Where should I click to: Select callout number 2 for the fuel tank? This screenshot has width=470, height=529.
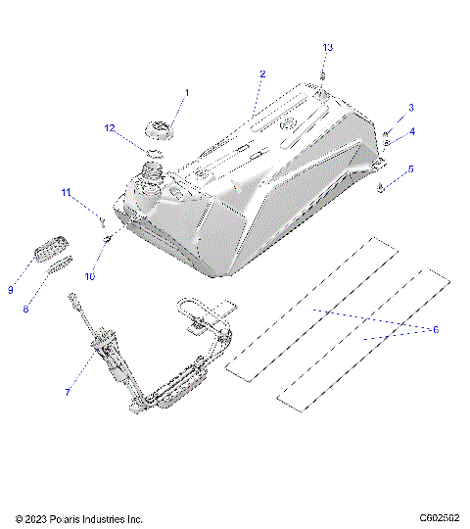(x=262, y=74)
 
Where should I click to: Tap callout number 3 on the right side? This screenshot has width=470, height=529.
(x=411, y=108)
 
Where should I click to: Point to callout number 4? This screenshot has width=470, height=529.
(x=411, y=131)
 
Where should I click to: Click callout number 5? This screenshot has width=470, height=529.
(x=411, y=168)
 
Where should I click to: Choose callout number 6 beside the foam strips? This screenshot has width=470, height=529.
(x=436, y=329)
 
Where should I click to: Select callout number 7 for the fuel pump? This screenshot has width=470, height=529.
(x=68, y=392)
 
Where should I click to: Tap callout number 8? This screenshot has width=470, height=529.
(x=26, y=310)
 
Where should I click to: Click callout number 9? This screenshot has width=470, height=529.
(x=11, y=289)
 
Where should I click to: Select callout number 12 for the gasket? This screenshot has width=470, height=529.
(x=111, y=127)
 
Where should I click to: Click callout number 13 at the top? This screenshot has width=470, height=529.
(x=328, y=47)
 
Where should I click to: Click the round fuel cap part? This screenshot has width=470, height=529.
(x=160, y=128)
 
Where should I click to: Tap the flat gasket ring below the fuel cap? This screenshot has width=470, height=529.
(x=153, y=152)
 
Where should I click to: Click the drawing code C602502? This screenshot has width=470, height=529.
(x=439, y=518)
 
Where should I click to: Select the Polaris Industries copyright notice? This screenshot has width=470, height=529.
(x=79, y=518)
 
